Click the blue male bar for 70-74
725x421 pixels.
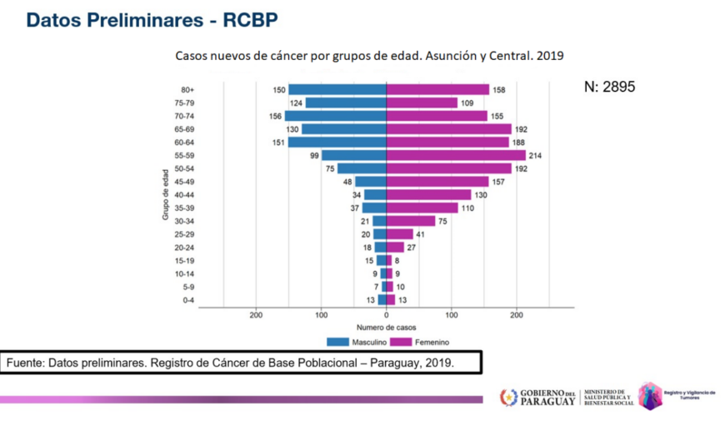click(335, 116)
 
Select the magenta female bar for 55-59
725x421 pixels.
click(456, 155)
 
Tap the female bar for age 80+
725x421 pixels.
click(437, 89)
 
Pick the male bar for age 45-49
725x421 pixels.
click(371, 181)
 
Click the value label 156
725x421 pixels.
click(275, 116)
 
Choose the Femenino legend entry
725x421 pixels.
click(426, 342)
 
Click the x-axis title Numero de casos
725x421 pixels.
click(386, 328)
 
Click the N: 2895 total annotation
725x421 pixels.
click(611, 86)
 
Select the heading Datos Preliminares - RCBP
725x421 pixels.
click(152, 20)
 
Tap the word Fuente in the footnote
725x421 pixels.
click(26, 363)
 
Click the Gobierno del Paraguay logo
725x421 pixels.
click(538, 397)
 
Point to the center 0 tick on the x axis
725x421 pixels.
click(386, 315)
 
